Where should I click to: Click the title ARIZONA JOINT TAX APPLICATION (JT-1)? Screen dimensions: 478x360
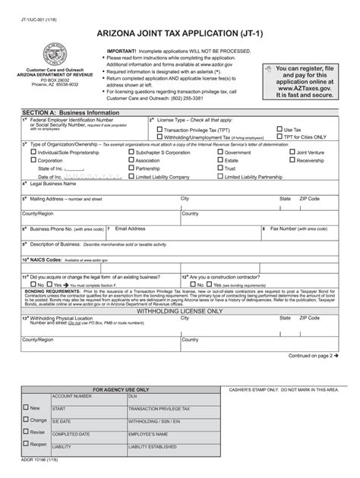[x=180, y=33]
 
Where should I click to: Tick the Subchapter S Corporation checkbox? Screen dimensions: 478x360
[x=131, y=152]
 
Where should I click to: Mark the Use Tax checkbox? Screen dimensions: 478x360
[x=279, y=130]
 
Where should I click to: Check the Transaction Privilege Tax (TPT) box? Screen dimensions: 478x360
[x=159, y=130]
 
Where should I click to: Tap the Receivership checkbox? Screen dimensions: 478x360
[x=291, y=160]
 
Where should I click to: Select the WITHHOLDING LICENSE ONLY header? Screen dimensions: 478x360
[x=180, y=311]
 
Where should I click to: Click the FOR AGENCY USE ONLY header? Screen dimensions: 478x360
[x=122, y=389]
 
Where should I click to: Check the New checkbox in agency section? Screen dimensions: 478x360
[x=26, y=407]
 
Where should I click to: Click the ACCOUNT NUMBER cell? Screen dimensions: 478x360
[x=71, y=396]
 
